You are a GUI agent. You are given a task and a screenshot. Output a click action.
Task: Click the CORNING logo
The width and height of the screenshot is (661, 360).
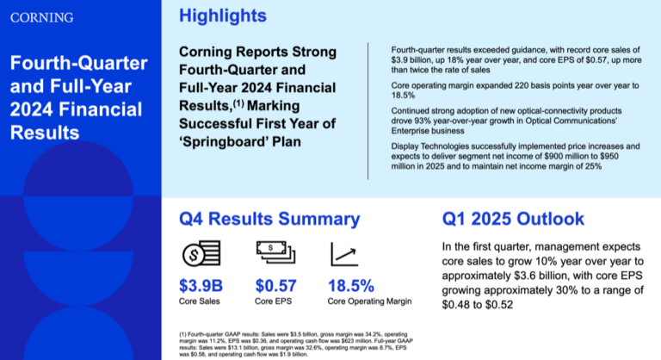pyautogui.click(x=41, y=16)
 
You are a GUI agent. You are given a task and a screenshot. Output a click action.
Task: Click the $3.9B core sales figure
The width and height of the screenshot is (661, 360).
pyautogui.click(x=201, y=285)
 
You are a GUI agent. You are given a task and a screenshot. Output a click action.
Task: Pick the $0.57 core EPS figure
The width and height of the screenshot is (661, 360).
pyautogui.click(x=277, y=285)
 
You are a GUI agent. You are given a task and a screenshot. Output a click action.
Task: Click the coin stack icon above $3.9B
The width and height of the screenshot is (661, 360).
pyautogui.click(x=199, y=254)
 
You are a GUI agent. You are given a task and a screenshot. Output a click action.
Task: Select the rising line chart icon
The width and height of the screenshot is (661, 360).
pyautogui.click(x=344, y=254)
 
